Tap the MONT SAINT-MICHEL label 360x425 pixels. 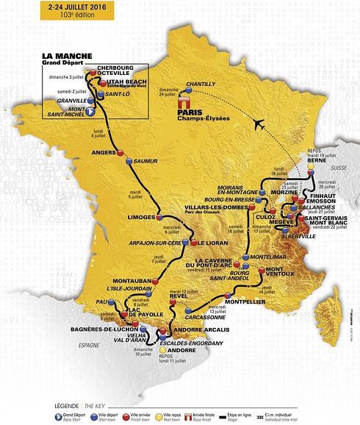click(66, 110)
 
